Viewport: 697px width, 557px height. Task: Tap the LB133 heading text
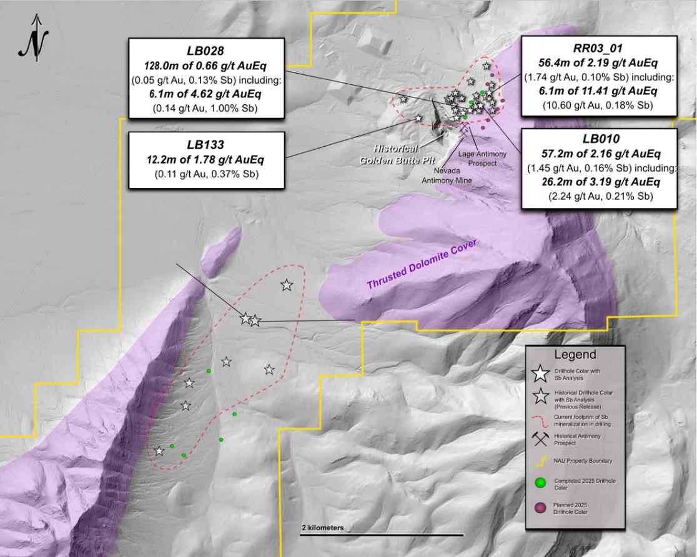[207, 142]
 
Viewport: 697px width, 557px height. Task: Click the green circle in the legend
[539, 482]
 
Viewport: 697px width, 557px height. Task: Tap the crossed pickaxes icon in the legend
[539, 438]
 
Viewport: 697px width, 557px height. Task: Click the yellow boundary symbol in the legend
[539, 461]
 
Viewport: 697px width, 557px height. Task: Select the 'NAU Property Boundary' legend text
[580, 461]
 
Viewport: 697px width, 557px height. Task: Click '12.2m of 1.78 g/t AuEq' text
[207, 159]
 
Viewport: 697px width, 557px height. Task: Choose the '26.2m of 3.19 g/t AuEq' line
[598, 182]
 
